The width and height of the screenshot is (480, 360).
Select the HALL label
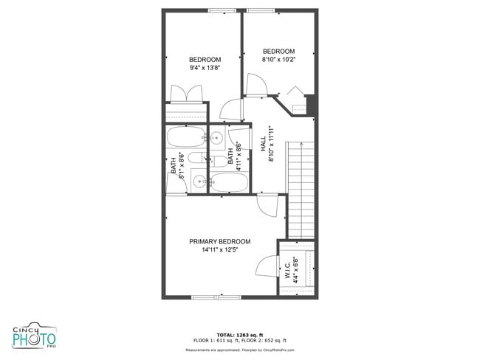[x=262, y=145]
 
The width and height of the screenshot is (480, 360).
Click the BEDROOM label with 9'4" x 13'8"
[x=205, y=60]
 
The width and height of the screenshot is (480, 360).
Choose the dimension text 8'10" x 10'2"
[x=278, y=60]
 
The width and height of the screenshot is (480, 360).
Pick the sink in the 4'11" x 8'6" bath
[x=218, y=137]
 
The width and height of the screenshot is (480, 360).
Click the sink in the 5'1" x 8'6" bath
[x=199, y=179]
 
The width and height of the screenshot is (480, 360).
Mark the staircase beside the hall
[x=301, y=188]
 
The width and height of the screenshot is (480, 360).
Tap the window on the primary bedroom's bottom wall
[x=216, y=297]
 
